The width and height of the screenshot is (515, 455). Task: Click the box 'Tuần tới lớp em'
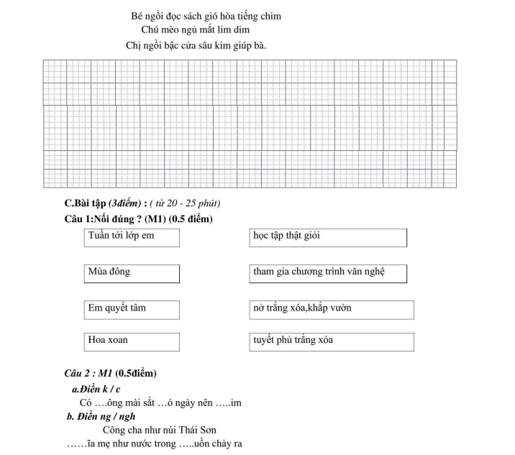132,237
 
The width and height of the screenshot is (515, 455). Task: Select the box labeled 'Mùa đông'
132,274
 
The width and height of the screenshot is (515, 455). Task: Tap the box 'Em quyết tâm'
132,310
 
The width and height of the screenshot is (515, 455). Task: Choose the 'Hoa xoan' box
132,341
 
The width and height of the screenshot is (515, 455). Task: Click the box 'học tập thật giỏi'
328,237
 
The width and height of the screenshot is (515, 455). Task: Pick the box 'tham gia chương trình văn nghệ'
328,274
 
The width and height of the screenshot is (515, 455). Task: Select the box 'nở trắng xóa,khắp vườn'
332,310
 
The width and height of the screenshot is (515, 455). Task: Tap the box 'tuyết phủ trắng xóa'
332,341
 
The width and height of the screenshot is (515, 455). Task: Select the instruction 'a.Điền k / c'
96,389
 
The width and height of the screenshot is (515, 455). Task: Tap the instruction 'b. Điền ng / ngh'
101,416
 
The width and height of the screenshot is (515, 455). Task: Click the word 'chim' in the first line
270,16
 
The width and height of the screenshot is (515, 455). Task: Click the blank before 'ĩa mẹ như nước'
77,444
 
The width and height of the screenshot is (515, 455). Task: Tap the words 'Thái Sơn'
198,431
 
